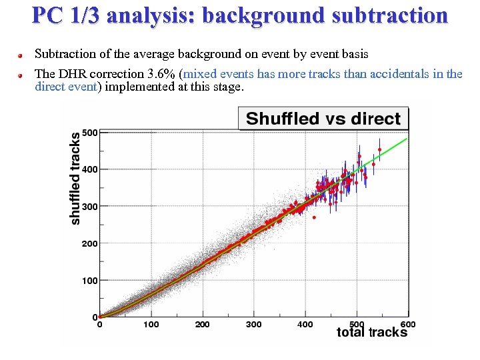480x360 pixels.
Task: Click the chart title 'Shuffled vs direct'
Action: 323,119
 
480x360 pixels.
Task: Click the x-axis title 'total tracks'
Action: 371,332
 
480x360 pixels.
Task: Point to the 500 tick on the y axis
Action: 90,132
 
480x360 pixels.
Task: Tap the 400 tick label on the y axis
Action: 90,169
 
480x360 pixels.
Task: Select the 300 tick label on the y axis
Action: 90,207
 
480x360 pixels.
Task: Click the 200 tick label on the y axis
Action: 90,243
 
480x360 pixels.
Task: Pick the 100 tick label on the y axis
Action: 90,281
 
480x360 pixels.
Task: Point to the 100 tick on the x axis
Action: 151,325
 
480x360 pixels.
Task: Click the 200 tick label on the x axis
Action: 202,325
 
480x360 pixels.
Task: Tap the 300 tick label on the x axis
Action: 253,325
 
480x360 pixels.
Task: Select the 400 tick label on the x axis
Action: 305,325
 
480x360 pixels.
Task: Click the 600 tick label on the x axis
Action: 407,325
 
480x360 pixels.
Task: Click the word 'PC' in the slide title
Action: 47,15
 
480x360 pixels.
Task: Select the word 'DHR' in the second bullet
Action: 72,74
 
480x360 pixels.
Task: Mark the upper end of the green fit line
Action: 406,139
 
